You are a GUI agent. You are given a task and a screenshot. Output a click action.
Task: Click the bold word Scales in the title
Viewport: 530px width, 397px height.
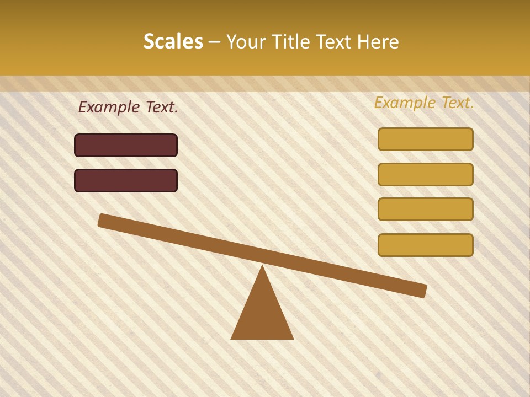173,41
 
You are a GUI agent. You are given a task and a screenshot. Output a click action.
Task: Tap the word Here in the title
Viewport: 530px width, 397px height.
378,41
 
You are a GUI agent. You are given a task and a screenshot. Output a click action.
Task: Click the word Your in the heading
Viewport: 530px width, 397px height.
246,41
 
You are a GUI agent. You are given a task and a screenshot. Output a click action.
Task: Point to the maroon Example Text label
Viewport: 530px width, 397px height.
128,107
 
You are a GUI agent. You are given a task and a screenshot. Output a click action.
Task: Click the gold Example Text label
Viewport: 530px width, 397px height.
424,103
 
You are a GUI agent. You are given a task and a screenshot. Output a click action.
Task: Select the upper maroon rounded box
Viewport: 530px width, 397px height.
126,145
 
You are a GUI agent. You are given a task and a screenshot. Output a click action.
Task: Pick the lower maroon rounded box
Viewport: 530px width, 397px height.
126,180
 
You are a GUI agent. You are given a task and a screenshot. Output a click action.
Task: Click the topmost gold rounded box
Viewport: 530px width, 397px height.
426,139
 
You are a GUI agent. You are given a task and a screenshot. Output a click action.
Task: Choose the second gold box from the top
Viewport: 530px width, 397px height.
426,174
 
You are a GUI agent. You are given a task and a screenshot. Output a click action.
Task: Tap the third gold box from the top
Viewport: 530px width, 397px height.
426,209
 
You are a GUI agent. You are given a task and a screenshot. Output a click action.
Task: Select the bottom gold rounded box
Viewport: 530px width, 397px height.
426,245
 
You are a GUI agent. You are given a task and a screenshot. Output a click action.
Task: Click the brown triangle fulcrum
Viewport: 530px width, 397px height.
262,314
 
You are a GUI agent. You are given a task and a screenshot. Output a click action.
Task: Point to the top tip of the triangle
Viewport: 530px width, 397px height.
262,267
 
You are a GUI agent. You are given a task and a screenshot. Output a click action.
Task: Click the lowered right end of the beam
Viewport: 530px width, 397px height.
422,291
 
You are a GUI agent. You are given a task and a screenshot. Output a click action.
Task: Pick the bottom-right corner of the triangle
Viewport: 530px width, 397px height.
292,338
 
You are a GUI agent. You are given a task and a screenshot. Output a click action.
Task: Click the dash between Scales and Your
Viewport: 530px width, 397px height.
215,42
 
